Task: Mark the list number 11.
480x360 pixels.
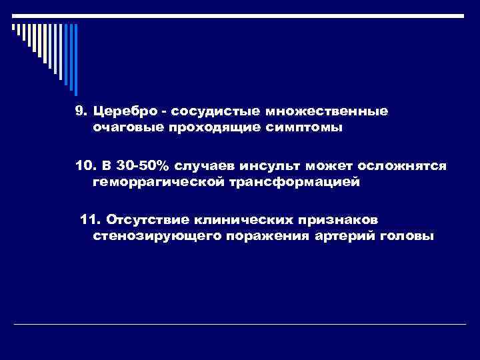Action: click(x=88, y=219)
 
